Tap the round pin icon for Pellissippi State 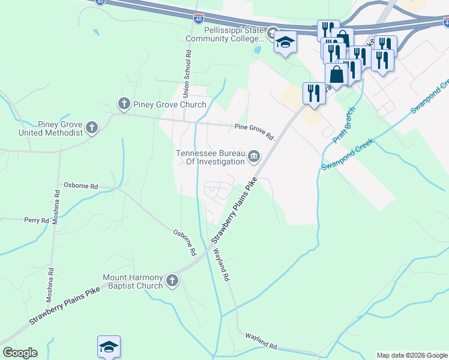[273, 32]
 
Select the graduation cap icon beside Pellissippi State [286, 43]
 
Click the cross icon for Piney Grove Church [124, 104]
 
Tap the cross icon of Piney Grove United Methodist [91, 127]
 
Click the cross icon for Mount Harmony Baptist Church [172, 281]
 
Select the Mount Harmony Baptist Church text [133, 281]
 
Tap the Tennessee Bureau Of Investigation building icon [254, 157]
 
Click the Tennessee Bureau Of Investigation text [211, 157]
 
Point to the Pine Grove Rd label [253, 131]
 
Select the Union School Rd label [187, 74]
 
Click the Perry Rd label [37, 221]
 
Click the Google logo [20, 353]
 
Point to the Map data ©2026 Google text [412, 355]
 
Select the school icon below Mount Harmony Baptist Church [109, 346]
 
